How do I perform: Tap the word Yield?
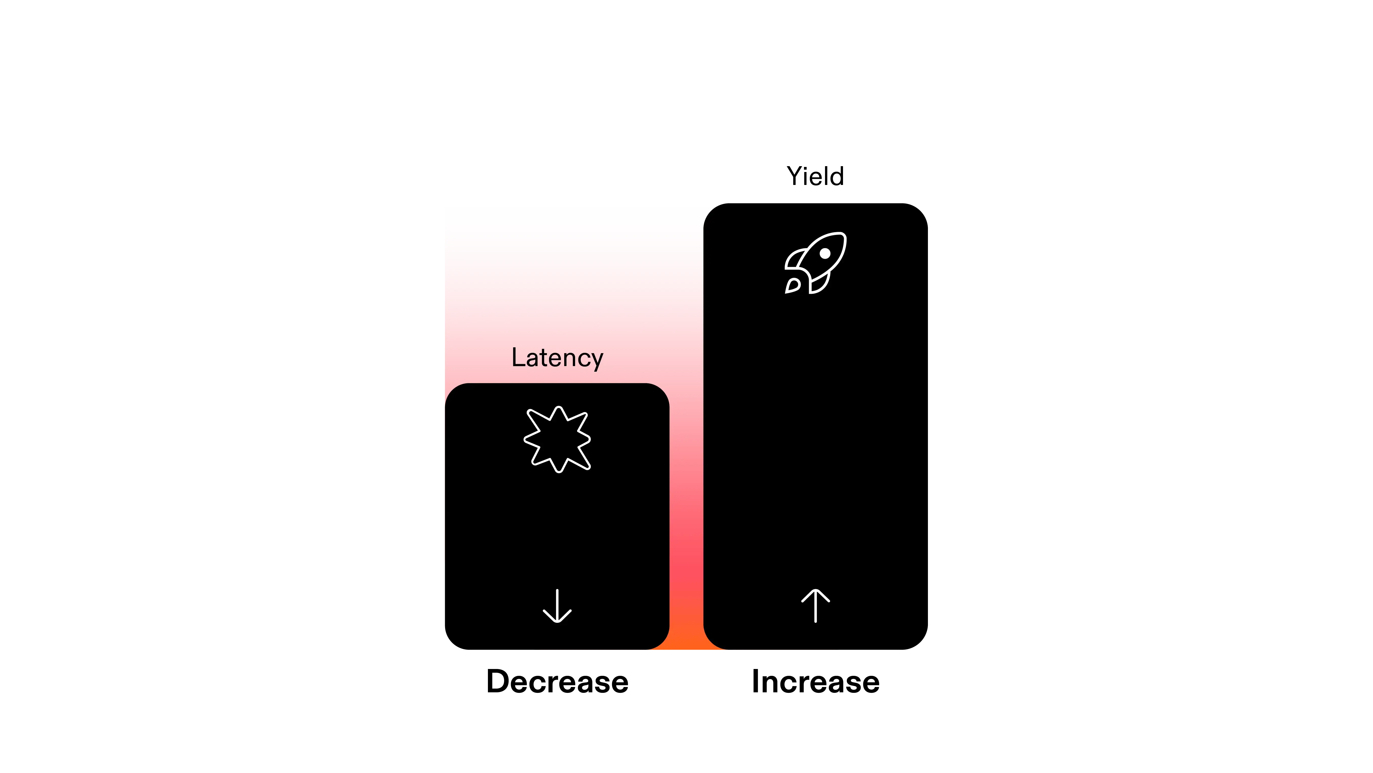tap(815, 176)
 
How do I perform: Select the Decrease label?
tap(557, 682)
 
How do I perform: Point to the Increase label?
tap(815, 682)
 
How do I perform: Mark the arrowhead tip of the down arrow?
tap(557, 622)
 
